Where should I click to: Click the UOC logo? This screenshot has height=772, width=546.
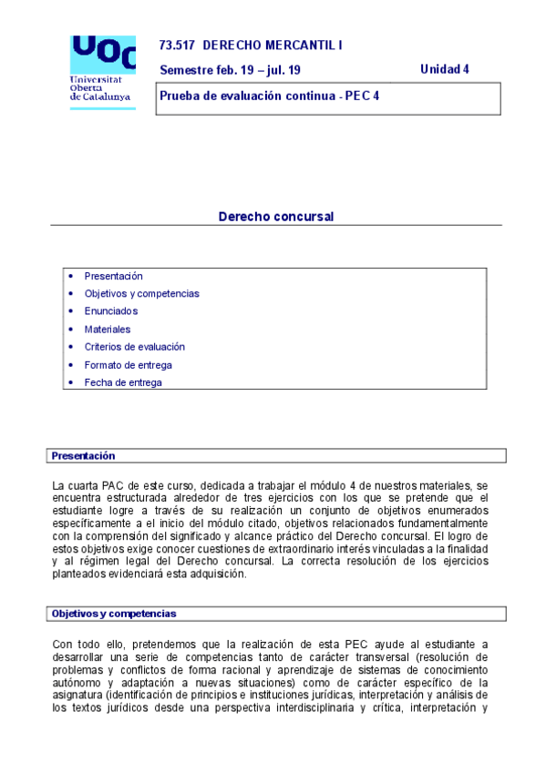(x=102, y=55)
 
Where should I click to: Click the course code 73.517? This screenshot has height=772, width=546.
(x=177, y=45)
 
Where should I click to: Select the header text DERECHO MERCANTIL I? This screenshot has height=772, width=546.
(x=273, y=45)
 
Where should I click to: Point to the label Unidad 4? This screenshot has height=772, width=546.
(x=444, y=69)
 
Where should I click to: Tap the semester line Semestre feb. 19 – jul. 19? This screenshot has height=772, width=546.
(x=230, y=70)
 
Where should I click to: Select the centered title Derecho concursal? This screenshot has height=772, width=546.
(x=276, y=217)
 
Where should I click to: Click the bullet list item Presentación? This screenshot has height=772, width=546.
(x=113, y=276)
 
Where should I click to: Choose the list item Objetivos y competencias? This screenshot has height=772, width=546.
(x=141, y=293)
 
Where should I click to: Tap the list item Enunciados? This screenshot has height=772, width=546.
(x=111, y=311)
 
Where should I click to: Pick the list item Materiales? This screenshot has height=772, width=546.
(x=108, y=329)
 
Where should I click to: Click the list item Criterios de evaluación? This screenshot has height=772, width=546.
(x=134, y=347)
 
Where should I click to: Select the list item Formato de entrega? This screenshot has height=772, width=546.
(x=128, y=365)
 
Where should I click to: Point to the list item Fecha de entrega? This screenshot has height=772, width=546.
(x=123, y=382)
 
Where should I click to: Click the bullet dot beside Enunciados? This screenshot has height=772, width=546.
(x=72, y=311)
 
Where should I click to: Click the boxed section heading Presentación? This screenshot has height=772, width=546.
(x=83, y=455)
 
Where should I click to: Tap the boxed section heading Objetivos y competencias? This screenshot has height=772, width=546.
(x=114, y=614)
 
